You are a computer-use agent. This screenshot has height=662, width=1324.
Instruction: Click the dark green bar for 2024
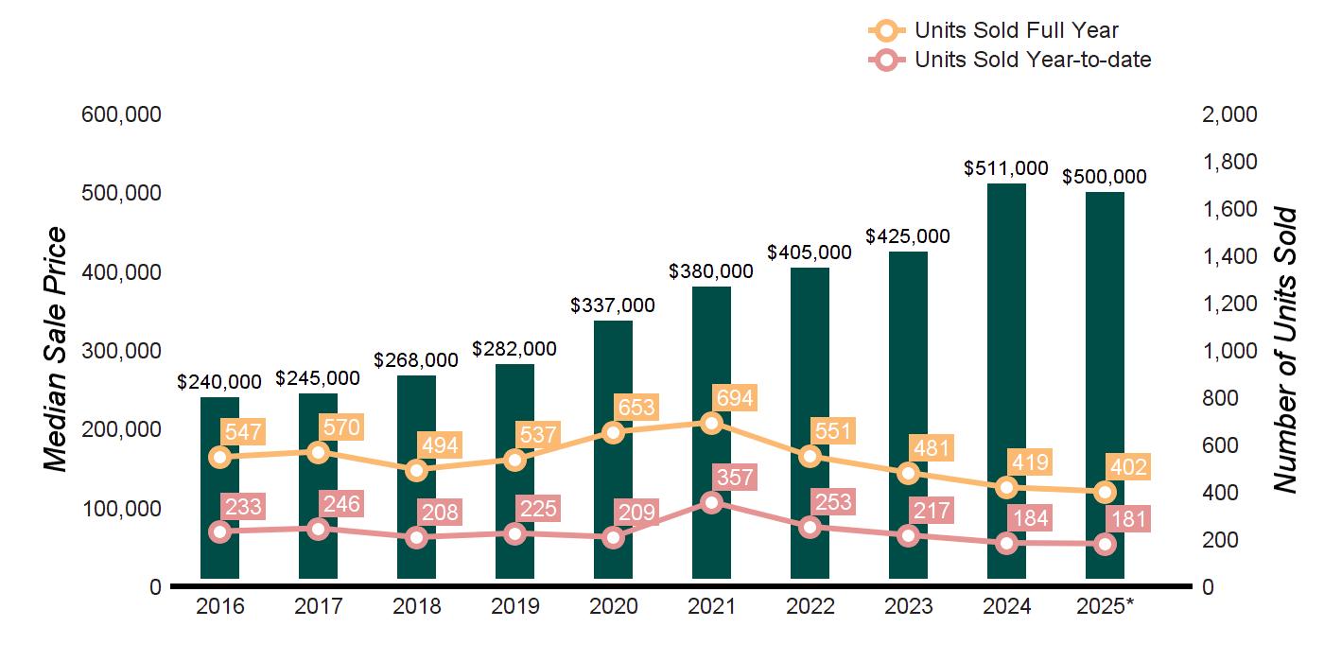1006,378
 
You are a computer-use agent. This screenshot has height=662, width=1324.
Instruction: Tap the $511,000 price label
1006,168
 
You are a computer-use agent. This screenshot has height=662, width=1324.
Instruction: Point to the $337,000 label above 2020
613,305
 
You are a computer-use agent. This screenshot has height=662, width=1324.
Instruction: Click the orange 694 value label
735,398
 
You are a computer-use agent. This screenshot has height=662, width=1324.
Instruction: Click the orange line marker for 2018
416,470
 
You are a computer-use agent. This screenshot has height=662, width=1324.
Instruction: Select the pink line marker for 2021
711,502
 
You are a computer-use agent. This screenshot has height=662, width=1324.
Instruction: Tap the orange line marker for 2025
1105,492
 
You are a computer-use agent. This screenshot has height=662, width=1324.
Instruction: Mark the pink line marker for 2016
219,531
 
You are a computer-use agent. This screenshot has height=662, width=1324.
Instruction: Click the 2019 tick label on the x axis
514,606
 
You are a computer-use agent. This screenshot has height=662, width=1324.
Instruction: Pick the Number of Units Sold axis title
1284,350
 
